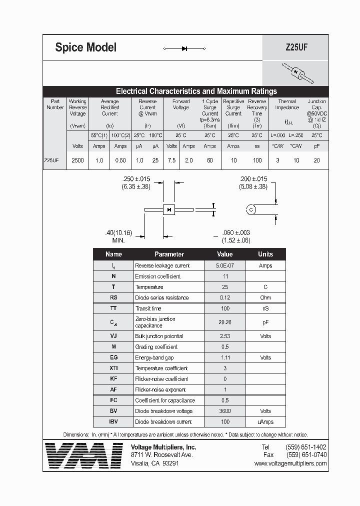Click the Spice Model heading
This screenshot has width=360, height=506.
[x=85, y=47]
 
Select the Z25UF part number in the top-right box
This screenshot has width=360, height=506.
[x=296, y=48]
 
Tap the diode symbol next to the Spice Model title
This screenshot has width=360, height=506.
[x=184, y=48]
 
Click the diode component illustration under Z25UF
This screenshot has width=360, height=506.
[x=296, y=73]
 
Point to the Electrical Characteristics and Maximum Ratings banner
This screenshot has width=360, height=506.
[x=196, y=91]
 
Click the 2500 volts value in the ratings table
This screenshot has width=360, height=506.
[x=78, y=160]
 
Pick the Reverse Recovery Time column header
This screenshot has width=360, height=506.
[x=257, y=110]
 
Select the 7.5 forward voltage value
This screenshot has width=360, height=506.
[x=171, y=160]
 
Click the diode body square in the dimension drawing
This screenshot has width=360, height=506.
[x=169, y=209]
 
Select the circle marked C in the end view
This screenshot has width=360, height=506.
[x=251, y=209]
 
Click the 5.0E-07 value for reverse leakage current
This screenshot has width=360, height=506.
[x=224, y=265]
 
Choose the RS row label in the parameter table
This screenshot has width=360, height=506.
[x=113, y=297]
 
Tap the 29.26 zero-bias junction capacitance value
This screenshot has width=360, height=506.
[x=224, y=322]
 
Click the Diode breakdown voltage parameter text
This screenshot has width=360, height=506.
[x=163, y=411]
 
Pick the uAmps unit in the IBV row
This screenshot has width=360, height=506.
[x=265, y=421]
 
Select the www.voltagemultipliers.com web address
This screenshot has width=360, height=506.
[x=290, y=463]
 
